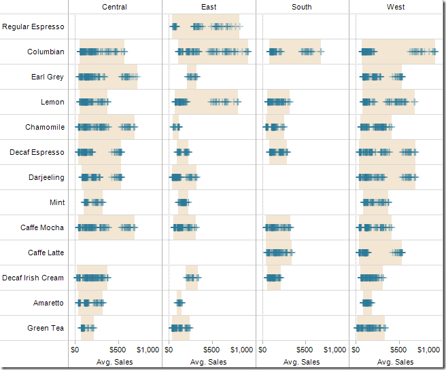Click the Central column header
[x=114, y=7]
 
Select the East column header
[x=209, y=7]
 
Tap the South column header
[x=302, y=7]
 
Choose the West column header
[x=396, y=7]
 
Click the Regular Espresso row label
[x=33, y=26]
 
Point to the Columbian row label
[x=46, y=52]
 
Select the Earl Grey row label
[x=48, y=77]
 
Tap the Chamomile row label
[x=45, y=127]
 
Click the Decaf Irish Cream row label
[x=33, y=278]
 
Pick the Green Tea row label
[x=46, y=328]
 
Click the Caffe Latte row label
[x=46, y=253]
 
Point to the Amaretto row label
[x=48, y=303]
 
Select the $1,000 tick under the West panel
[x=428, y=350]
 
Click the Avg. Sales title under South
[x=302, y=362]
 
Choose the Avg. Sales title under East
[x=209, y=362]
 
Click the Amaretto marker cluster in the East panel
[x=179, y=303]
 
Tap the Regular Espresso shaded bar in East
[x=205, y=26]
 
